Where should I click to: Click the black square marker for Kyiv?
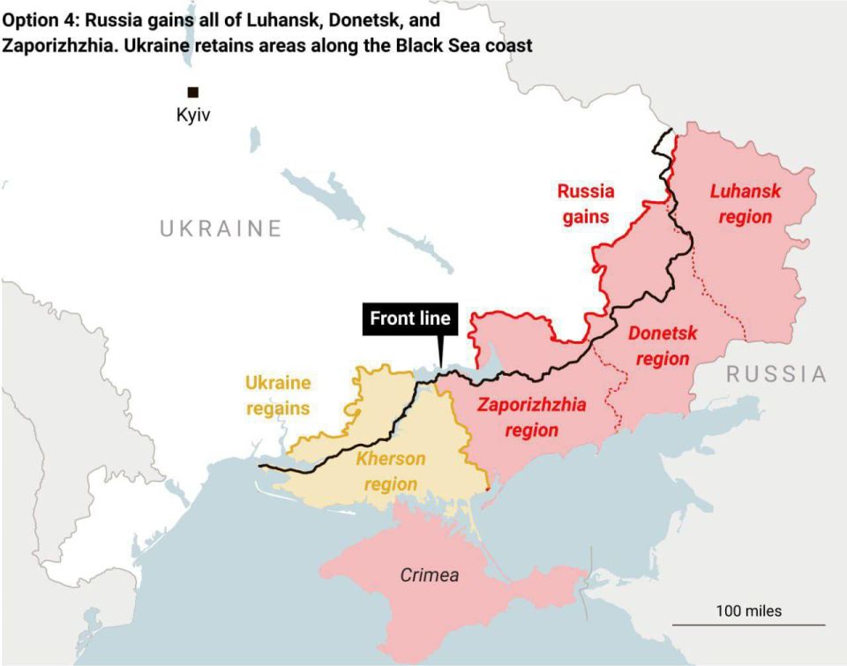[x=192, y=92]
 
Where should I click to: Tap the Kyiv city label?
[x=194, y=116]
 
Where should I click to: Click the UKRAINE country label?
[x=221, y=229]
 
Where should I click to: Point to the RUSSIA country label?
[x=776, y=374]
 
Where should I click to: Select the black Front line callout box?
[x=409, y=318]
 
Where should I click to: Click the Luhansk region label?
[x=746, y=203]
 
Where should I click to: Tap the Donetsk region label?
[x=662, y=346]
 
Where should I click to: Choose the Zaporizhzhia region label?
[x=531, y=417]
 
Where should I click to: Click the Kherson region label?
[x=390, y=471]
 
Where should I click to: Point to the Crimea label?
[x=430, y=575]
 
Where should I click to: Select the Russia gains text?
[x=586, y=204]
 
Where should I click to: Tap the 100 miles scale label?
[x=748, y=610]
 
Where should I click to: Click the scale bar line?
[x=748, y=625]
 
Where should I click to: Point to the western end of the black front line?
[x=260, y=466]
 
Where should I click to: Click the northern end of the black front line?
[x=672, y=131]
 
